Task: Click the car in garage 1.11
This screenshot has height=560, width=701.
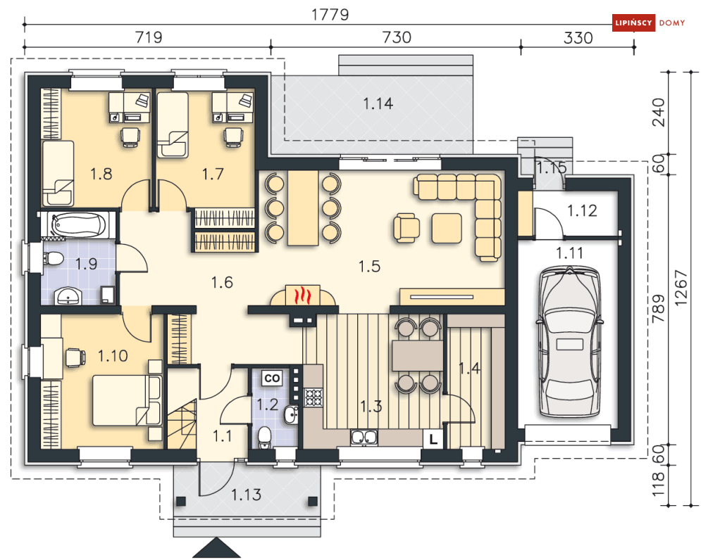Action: point(569,342)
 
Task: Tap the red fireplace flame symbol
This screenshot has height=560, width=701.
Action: point(303,295)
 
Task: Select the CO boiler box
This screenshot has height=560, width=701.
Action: point(272,378)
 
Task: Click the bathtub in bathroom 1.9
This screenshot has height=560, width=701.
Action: point(79,224)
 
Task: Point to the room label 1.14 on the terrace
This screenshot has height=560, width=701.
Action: point(378,103)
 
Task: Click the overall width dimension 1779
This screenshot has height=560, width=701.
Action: point(330,14)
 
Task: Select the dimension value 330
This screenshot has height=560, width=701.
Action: point(578,38)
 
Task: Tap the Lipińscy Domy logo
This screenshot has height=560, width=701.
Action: point(648,23)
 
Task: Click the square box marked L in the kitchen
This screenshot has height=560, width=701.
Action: point(433,439)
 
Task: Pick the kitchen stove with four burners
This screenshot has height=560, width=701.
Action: point(314,397)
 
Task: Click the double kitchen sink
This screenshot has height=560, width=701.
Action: point(364,438)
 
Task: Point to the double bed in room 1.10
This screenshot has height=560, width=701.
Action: point(127,400)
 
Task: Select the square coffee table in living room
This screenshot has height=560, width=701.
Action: point(447,228)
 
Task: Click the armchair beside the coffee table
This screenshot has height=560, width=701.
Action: point(407,228)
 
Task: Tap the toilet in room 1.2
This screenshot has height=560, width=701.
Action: point(265,437)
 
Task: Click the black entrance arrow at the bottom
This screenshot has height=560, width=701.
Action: point(217,548)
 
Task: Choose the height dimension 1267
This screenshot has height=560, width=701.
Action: point(681,288)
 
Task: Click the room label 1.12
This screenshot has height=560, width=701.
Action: point(582,210)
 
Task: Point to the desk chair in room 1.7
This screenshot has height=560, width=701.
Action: point(233,136)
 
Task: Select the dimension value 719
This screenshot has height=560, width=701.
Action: point(149,37)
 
